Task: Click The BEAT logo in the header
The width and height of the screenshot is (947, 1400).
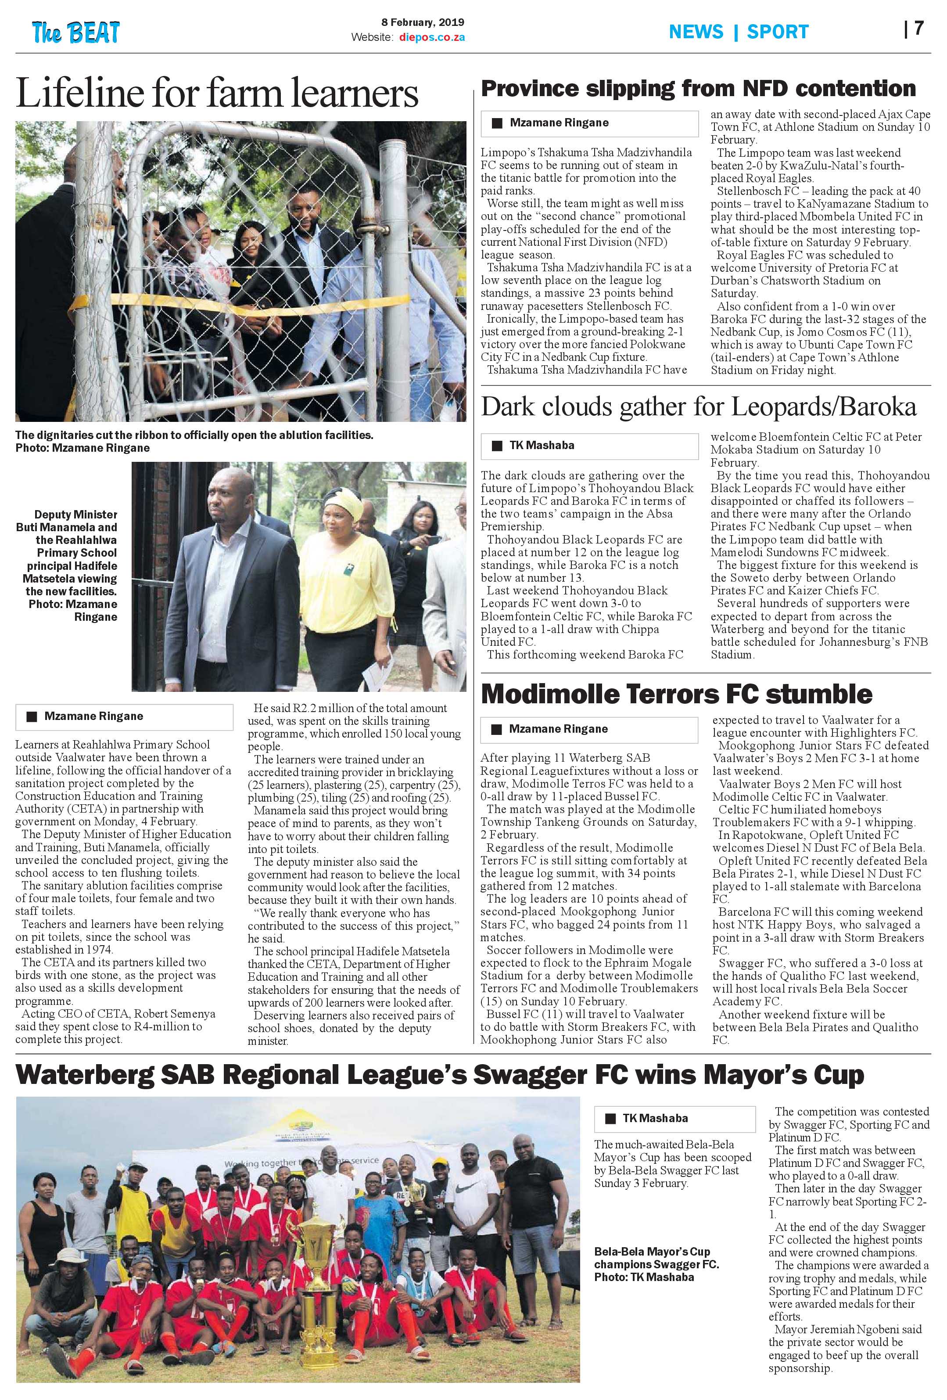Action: click(76, 32)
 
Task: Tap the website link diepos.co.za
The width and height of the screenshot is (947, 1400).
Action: click(432, 37)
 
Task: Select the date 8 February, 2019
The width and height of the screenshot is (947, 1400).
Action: click(423, 22)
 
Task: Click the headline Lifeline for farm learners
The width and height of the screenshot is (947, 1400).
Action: click(217, 94)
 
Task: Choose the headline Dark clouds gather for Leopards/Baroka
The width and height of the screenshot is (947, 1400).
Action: click(698, 407)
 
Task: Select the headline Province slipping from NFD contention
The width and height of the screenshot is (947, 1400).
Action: click(698, 89)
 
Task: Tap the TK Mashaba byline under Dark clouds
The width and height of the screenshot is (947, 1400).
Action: click(542, 445)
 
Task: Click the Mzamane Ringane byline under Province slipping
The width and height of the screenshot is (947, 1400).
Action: click(559, 123)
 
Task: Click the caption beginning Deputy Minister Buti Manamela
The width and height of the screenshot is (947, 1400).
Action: click(68, 565)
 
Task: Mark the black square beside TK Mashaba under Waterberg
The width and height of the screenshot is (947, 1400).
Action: click(610, 1119)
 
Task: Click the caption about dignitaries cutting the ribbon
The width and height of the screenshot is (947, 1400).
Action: click(194, 441)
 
